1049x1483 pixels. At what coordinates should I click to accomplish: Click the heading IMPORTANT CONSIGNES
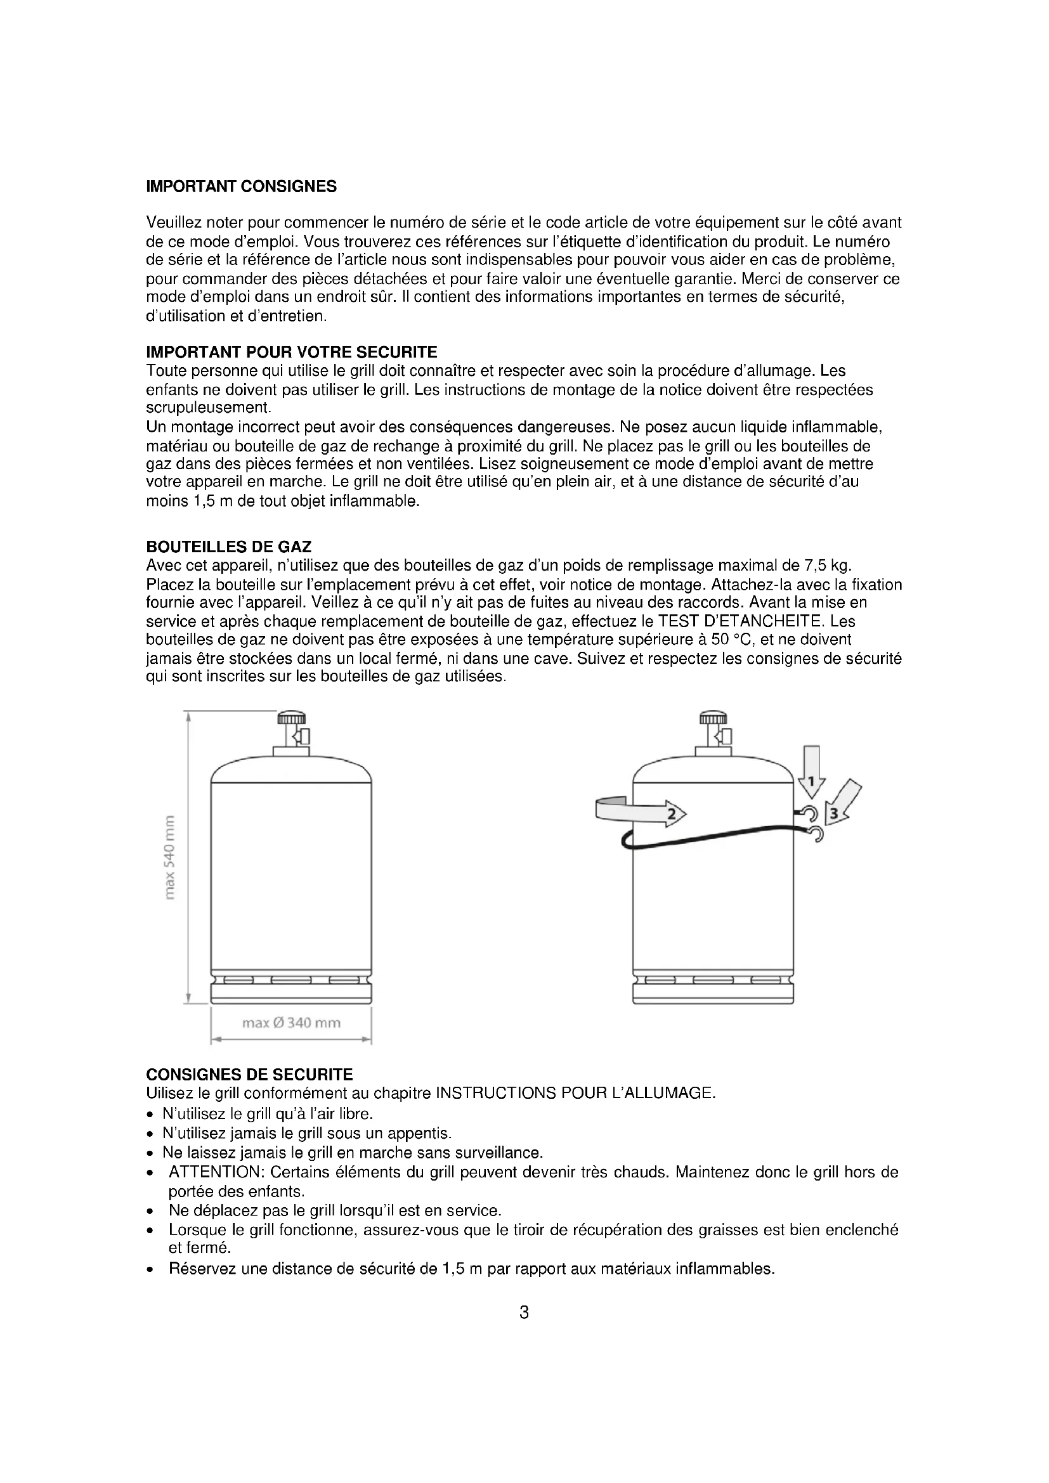click(241, 187)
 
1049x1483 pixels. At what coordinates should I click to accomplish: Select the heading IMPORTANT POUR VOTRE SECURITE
click(291, 353)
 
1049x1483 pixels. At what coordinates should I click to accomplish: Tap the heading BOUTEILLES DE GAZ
click(229, 548)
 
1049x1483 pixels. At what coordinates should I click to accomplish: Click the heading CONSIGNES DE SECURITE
click(249, 1075)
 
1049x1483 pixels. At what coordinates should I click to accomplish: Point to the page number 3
click(524, 1313)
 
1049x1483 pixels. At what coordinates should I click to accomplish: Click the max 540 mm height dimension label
click(169, 858)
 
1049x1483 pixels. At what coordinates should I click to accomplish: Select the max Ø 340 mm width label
click(290, 1023)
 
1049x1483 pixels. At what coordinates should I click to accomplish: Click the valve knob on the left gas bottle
click(291, 718)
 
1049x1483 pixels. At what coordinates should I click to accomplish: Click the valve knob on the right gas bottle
click(713, 718)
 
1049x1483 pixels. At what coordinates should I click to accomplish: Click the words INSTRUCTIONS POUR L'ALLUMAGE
click(575, 1094)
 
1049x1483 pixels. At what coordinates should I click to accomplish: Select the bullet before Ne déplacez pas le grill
click(150, 1211)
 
